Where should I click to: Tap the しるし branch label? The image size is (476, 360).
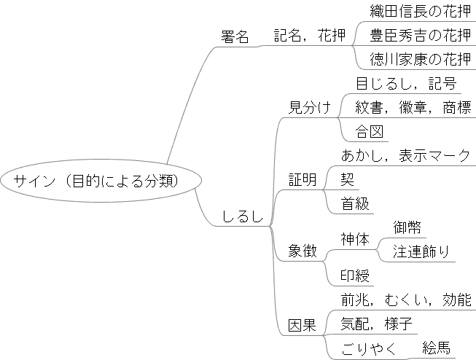click(x=242, y=216)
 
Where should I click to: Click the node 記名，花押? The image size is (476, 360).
click(x=310, y=36)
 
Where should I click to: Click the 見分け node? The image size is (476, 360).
click(x=309, y=108)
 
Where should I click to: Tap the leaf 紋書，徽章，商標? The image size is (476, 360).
click(x=413, y=108)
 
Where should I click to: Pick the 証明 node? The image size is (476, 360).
click(x=303, y=180)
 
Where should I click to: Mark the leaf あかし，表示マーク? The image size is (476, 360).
click(x=405, y=156)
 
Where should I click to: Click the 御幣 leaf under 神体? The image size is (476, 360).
click(x=407, y=227)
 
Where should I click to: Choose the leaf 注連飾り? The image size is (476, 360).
click(x=421, y=252)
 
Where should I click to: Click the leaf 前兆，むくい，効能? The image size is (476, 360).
click(x=406, y=300)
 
